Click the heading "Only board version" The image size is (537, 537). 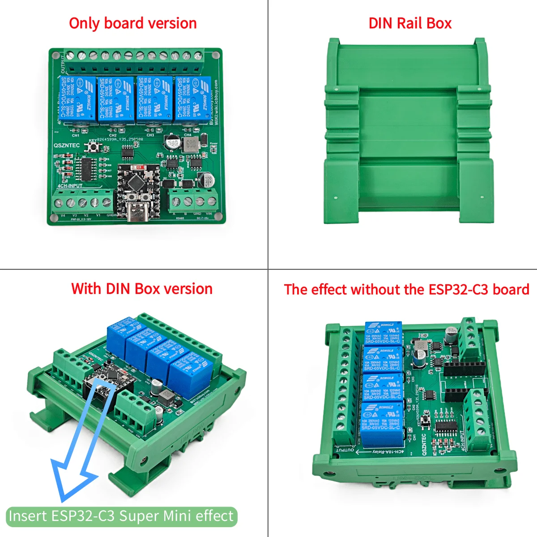(x=132, y=23)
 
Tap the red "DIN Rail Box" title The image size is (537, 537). (x=410, y=23)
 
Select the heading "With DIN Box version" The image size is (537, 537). (x=141, y=289)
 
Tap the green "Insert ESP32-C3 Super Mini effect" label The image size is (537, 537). (x=121, y=516)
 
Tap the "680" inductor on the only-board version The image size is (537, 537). (x=190, y=144)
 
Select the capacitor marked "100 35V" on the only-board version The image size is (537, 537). (x=207, y=180)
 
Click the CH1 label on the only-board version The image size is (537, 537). (x=76, y=135)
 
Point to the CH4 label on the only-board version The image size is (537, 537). (x=188, y=135)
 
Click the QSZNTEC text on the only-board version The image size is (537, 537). (x=67, y=145)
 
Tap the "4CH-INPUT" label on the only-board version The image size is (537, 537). (x=70, y=185)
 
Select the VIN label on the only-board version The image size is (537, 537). (x=209, y=214)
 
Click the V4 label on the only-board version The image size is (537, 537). (x=63, y=215)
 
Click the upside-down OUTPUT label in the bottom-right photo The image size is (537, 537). (x=345, y=450)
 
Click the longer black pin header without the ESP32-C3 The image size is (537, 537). (x=464, y=369)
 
